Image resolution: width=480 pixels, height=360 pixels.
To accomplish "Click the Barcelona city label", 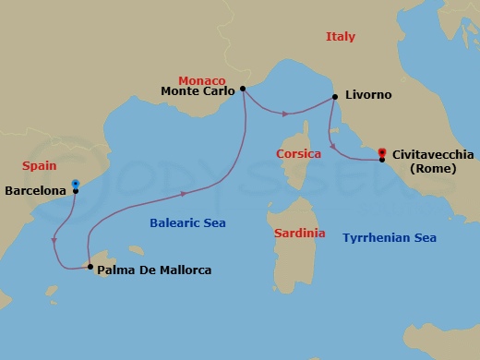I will [x=35, y=192].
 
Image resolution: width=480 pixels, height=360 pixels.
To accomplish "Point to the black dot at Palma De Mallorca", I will [x=90, y=267].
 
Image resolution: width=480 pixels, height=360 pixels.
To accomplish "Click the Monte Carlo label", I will [x=198, y=90].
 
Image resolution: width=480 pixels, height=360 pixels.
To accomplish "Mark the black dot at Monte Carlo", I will [x=242, y=90].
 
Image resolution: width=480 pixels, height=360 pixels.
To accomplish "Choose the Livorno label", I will [x=367, y=95].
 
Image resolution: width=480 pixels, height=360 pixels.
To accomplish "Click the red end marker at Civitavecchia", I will [x=382, y=151].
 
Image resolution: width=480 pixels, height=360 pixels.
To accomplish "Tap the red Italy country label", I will [x=340, y=37].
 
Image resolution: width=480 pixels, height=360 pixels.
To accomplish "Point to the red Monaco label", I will [x=201, y=78].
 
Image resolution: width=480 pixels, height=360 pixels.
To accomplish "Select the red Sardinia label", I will [x=299, y=234].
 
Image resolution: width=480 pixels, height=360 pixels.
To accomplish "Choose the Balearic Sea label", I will [x=187, y=222].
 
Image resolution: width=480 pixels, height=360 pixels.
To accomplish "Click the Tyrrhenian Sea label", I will [x=389, y=237].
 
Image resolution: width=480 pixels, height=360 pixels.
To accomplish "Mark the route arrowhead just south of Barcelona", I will [x=54, y=241].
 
